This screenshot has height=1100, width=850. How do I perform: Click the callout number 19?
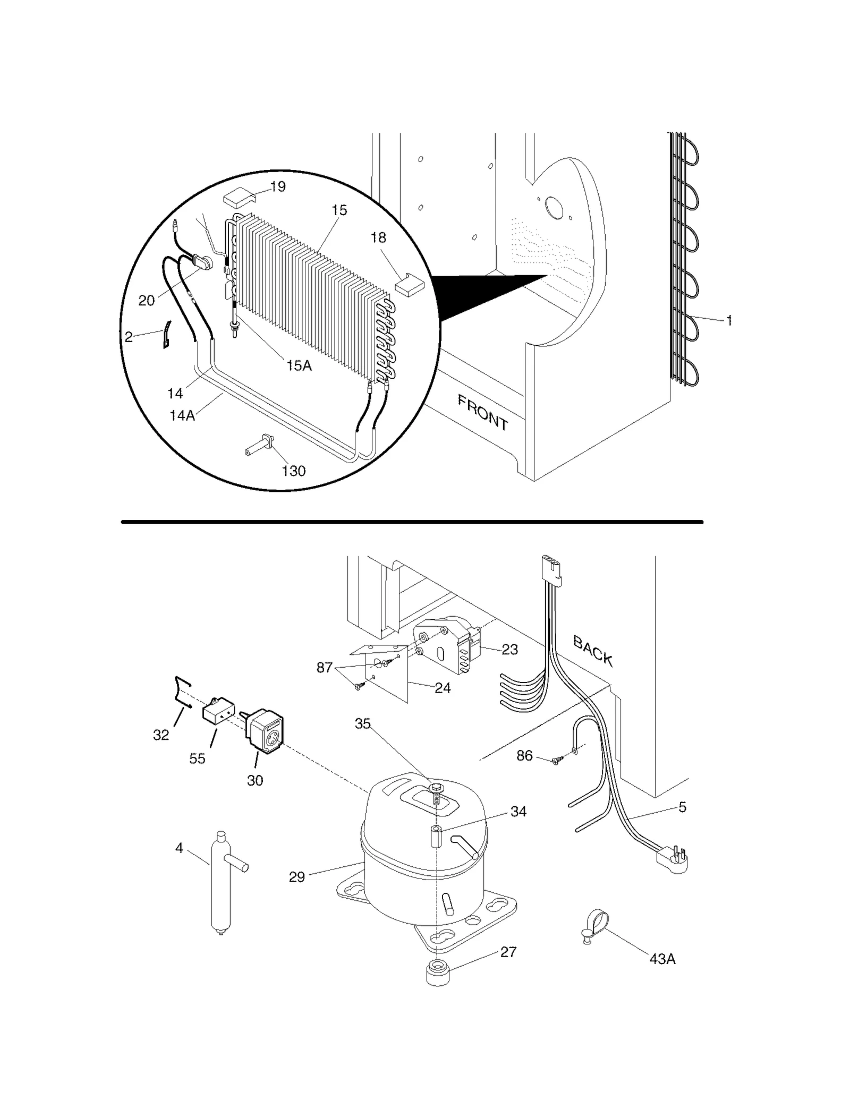(277, 186)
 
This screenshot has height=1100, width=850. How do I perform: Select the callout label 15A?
(299, 365)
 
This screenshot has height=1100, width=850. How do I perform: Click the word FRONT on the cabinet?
(482, 413)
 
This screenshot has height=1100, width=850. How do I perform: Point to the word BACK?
(593, 651)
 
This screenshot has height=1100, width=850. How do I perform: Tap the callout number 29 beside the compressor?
(297, 877)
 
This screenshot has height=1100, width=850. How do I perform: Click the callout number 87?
(325, 668)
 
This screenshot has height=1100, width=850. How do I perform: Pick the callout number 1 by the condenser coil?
(729, 320)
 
